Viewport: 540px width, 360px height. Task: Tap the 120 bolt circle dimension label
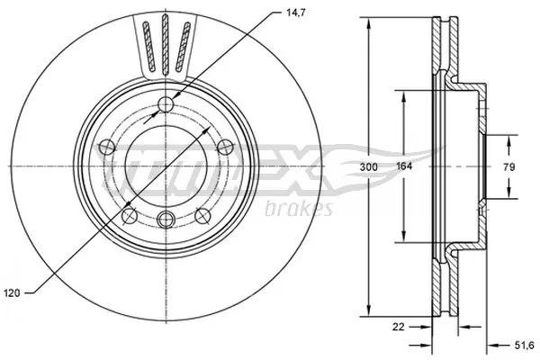point(12,292)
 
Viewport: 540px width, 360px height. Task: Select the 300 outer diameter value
point(358,167)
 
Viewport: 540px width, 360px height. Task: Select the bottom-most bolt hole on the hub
point(165,219)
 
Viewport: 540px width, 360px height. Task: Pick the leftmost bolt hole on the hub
point(107,147)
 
